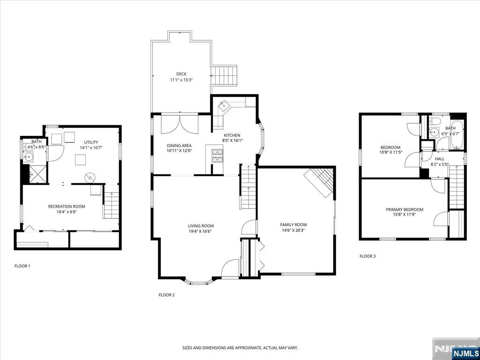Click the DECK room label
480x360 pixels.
click(181, 74)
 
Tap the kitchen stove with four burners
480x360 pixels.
click(218, 156)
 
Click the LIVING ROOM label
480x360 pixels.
click(201, 226)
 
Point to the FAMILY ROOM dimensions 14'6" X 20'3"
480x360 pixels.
click(293, 231)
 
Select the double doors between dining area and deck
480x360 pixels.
click(180, 124)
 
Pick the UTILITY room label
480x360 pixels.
click(91, 142)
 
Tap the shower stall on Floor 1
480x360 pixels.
click(37, 174)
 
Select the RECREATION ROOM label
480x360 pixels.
click(67, 206)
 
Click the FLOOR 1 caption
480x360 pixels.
click(22, 266)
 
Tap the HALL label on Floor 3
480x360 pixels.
click(439, 159)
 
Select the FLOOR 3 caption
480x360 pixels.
click(367, 256)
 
